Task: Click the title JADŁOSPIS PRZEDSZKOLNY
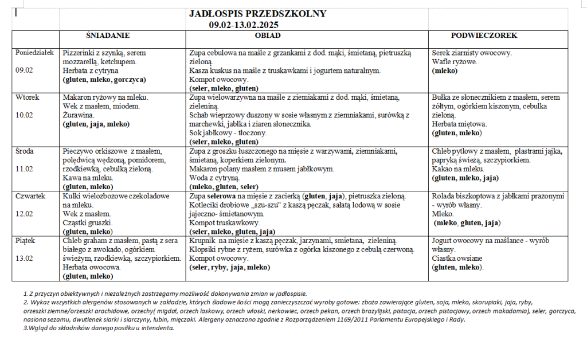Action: (x=257, y=14)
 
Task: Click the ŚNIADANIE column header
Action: (x=108, y=36)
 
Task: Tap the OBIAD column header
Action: (x=268, y=36)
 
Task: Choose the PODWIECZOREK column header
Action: (x=484, y=36)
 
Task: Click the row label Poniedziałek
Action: (x=34, y=52)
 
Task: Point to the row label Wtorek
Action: (x=28, y=97)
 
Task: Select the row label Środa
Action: (x=26, y=151)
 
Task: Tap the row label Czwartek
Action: (x=30, y=196)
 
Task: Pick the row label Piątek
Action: (x=26, y=241)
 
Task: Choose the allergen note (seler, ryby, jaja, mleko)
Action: (x=230, y=268)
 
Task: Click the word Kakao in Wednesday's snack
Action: (x=442, y=169)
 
